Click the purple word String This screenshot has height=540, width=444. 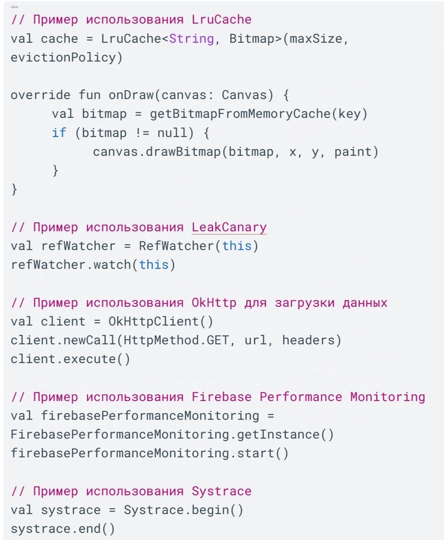pos(191,39)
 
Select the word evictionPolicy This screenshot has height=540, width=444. pos(63,58)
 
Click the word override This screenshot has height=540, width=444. pos(40,95)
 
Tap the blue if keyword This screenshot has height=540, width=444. pos(59,133)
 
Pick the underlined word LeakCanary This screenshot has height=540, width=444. pos(229,227)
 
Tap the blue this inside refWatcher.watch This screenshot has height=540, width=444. pos(153,265)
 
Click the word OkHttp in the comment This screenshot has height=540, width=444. pos(214,303)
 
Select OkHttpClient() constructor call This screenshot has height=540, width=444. pos(161,322)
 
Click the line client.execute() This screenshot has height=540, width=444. pos(70,360)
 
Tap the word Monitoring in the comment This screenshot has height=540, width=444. pos(387,397)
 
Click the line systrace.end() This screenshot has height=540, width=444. pos(63,529)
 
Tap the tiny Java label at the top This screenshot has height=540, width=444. pos(14,7)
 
